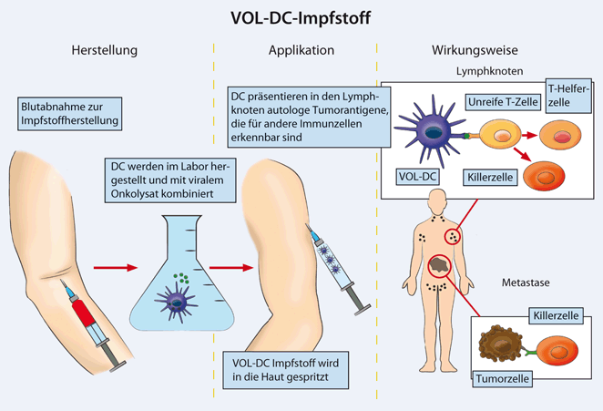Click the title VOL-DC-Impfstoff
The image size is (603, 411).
(x=301, y=16)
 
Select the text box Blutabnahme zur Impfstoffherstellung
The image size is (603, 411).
(x=72, y=113)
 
